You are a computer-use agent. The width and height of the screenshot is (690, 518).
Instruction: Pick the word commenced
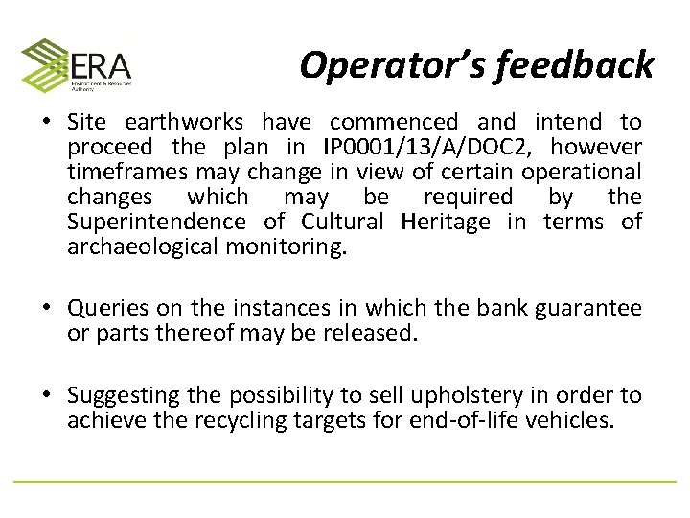point(394,122)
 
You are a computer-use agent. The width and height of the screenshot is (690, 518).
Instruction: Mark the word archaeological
point(143,247)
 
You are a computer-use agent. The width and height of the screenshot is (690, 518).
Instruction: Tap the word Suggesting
point(124,395)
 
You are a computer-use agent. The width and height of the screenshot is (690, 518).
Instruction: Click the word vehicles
point(575,420)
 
